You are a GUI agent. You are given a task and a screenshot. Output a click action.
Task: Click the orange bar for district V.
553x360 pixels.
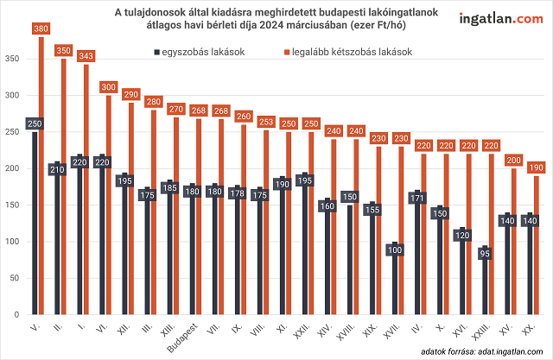point(41,181)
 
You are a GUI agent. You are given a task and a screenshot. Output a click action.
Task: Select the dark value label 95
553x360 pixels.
point(485,254)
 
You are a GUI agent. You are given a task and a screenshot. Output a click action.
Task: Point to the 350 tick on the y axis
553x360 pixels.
point(12,59)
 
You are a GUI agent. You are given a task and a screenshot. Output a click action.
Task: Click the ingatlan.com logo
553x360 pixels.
point(496,18)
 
